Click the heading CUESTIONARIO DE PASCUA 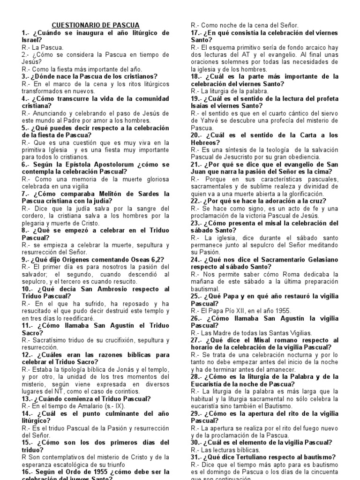pyautogui.click(x=95, y=25)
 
